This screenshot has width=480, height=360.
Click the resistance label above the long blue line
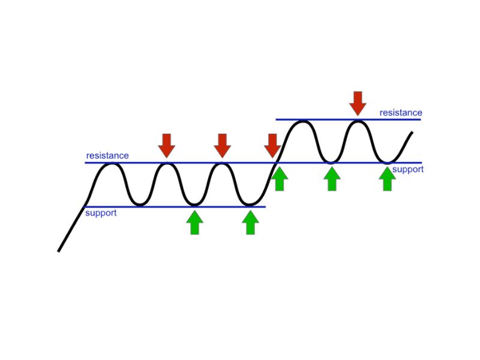[x=107, y=155]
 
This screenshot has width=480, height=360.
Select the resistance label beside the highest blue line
[x=401, y=113]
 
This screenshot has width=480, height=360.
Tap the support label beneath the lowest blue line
[x=101, y=213]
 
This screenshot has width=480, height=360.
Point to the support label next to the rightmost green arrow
[x=408, y=169]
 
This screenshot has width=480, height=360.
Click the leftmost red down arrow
[x=167, y=146]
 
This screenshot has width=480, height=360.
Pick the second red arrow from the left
[x=222, y=146]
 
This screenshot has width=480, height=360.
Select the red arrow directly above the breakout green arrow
[x=272, y=146]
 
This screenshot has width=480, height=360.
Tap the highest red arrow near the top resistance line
[x=358, y=103]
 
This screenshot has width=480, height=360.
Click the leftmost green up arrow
[x=194, y=223]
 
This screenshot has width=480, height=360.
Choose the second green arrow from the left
[x=250, y=223]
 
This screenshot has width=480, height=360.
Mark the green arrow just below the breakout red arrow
[x=280, y=179]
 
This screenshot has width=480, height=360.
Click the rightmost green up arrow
[x=387, y=179]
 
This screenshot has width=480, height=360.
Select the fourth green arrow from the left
[x=332, y=179]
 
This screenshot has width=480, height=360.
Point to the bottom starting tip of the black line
[x=58, y=251]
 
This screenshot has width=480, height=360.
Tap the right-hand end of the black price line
[x=412, y=132]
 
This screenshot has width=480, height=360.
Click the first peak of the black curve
[x=113, y=164]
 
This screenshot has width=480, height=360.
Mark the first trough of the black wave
[x=140, y=204]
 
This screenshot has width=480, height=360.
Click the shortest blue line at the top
[x=349, y=119]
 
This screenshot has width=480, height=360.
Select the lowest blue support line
[x=174, y=207]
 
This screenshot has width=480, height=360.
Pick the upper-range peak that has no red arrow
[x=303, y=122]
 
